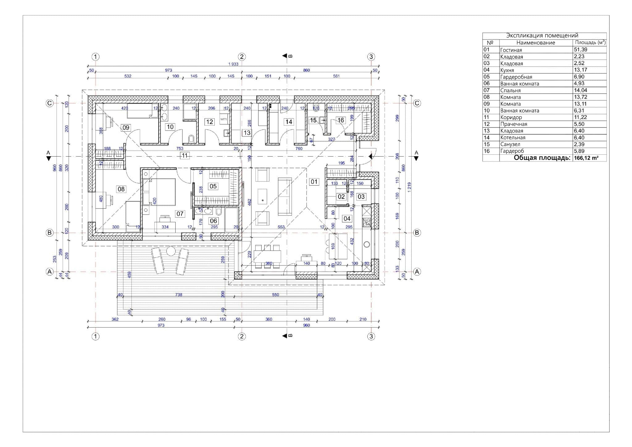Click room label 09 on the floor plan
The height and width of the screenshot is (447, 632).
point(126,127)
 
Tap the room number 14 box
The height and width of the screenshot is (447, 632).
point(289,122)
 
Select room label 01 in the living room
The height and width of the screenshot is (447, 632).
point(314,182)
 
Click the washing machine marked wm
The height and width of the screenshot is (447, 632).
point(223,119)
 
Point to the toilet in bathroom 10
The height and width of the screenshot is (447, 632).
point(191,139)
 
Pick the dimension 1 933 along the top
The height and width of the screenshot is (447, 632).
point(233,64)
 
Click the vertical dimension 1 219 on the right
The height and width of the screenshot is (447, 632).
point(410,187)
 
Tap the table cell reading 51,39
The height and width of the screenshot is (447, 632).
point(580,50)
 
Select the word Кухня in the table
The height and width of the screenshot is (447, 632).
point(507,70)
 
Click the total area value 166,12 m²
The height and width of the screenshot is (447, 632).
point(586,158)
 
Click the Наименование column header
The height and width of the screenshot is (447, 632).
point(536,43)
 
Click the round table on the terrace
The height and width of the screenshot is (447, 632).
point(170,251)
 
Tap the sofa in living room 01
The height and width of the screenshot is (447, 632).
point(285,196)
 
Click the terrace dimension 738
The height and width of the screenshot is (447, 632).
point(178,295)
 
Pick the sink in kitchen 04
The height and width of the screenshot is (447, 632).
point(367,221)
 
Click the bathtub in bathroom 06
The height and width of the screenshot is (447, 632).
point(231,220)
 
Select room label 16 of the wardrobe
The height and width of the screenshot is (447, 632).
point(341,120)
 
